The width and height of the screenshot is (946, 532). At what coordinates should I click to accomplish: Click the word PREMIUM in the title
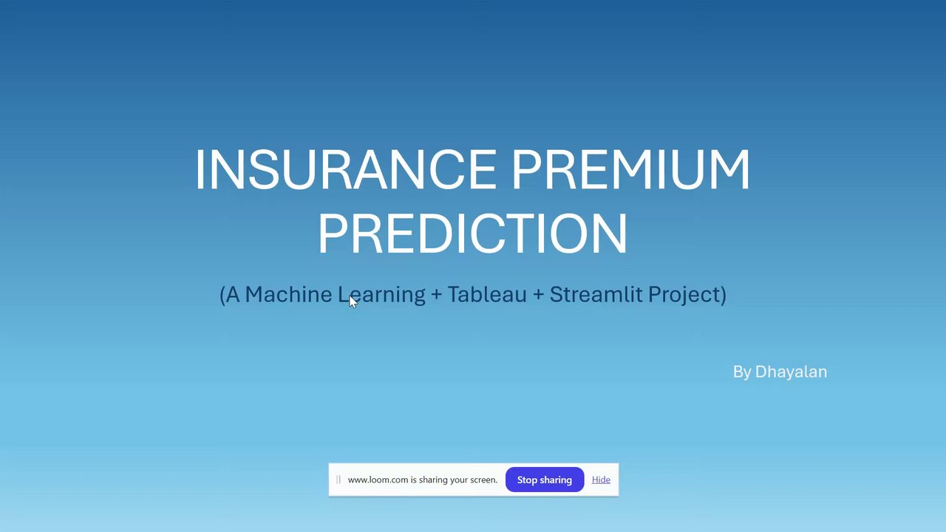coord(631,169)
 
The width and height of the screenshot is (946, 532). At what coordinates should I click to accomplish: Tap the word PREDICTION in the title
coord(472,233)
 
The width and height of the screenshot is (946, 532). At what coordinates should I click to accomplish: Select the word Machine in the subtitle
coord(288,294)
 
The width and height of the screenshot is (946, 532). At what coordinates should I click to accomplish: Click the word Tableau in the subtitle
coord(487,294)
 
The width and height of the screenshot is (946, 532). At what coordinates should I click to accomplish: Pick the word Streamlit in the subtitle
coord(596,294)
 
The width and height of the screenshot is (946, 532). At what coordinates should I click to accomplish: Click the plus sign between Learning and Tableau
coord(437,295)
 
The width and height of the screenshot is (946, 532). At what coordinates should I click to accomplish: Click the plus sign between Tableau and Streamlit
coord(539,295)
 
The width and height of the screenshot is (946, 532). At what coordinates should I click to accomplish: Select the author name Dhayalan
coord(791,372)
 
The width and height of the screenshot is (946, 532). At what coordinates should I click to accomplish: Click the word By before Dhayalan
coord(742,372)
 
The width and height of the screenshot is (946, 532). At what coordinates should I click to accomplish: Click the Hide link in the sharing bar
coord(601,480)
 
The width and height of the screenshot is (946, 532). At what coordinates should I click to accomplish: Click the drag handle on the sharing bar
coord(338,480)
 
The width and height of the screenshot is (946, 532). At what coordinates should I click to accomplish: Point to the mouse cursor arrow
coord(353,301)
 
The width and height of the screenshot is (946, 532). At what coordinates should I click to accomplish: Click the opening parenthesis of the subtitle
coord(222,295)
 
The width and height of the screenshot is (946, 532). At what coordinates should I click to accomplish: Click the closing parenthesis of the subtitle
coord(724,295)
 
